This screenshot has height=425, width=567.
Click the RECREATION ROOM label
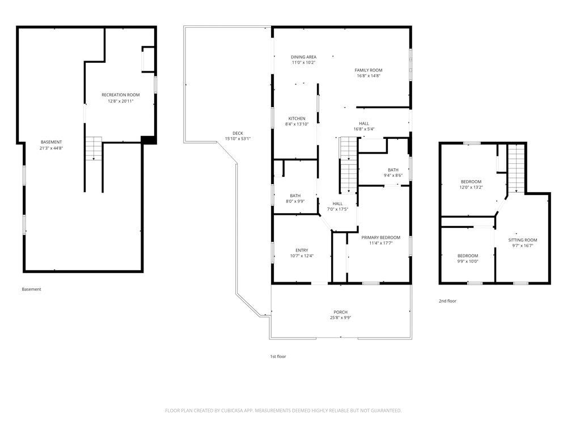120,95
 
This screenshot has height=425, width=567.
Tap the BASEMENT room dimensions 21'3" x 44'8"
52,148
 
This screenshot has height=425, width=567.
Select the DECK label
238,133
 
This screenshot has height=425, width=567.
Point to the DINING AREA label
304,57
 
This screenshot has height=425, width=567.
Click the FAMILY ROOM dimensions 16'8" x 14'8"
369,76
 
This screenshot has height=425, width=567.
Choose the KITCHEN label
297,118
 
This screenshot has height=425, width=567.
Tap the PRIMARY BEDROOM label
381,237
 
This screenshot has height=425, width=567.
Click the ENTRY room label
302,250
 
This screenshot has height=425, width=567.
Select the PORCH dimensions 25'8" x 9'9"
341,318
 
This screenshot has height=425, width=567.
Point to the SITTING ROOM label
523,240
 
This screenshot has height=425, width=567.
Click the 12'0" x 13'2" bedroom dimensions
471,187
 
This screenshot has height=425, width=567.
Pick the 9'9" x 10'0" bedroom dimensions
468,261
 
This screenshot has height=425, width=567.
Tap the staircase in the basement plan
94,148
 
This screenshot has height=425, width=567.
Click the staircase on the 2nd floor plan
516,168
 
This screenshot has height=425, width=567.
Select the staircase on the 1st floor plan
348,165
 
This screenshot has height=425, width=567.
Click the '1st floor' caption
278,356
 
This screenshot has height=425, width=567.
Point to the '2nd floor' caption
448,301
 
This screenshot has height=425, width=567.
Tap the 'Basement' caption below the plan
31,289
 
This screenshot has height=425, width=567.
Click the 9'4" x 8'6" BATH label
393,172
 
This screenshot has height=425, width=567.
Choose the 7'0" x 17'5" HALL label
338,206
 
